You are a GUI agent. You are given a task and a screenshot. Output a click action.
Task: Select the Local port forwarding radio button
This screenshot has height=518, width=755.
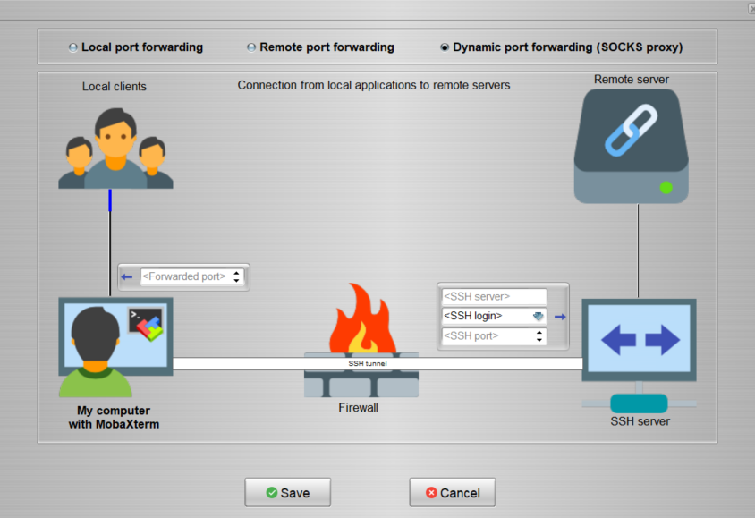(73, 47)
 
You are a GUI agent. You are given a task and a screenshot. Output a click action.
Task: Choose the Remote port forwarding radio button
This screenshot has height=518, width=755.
(251, 47)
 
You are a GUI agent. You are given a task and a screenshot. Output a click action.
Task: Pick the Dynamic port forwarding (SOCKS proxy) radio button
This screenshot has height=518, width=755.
(445, 47)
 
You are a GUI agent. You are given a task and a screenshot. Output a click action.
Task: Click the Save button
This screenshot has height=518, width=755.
(287, 492)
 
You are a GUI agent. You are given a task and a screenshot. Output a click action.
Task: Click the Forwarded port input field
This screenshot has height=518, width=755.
(184, 277)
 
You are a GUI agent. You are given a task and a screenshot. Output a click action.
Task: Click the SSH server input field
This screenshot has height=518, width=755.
(493, 296)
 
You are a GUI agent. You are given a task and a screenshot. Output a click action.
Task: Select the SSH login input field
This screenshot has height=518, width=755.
(484, 316)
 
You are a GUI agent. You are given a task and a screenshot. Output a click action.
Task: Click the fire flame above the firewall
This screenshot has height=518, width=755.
(361, 319)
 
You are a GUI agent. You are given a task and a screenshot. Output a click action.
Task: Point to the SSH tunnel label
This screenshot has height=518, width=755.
(367, 364)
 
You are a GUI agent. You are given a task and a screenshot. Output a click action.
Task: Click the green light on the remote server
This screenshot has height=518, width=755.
(666, 187)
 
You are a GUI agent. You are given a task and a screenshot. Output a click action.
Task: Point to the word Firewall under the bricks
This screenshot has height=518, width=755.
(358, 408)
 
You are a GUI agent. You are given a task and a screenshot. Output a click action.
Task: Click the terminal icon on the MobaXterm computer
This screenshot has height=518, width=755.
(145, 325)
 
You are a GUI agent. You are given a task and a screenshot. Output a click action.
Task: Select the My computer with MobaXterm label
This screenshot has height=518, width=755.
(113, 417)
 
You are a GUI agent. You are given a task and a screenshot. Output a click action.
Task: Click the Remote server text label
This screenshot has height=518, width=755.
(631, 80)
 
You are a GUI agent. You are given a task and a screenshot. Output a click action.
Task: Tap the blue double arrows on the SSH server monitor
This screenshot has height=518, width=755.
(639, 340)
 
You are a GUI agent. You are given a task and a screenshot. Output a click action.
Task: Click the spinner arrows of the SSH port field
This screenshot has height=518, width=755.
(539, 336)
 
